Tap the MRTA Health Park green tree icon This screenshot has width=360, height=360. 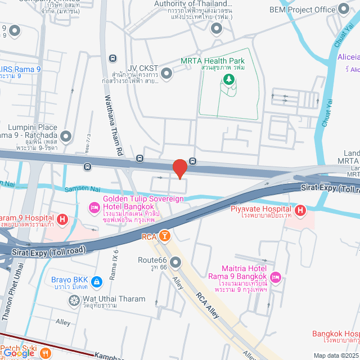point(228,79)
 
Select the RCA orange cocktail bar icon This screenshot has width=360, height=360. point(164,236)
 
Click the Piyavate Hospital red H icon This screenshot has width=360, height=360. point(301,210)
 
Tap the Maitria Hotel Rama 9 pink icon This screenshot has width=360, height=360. point(275,277)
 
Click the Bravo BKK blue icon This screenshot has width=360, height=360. point(96,281)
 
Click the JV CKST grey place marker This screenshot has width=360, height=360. point(166,73)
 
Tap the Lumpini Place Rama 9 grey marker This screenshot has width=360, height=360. point(66,136)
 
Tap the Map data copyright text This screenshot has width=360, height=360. point(336,355)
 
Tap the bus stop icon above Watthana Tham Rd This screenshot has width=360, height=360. point(112,58)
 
